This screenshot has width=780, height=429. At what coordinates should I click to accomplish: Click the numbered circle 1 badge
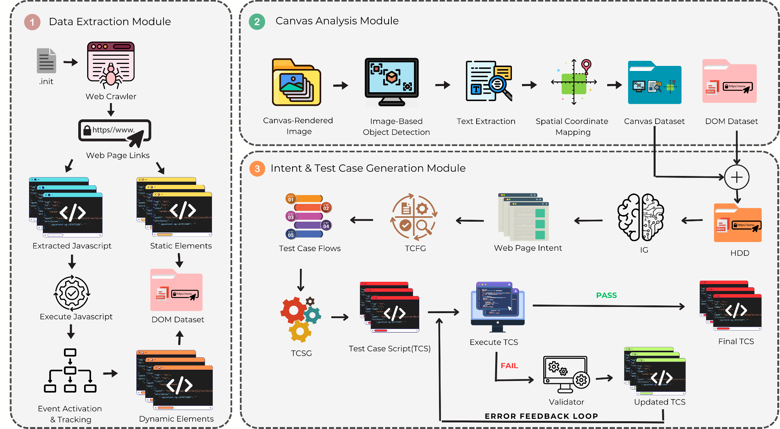[32, 22]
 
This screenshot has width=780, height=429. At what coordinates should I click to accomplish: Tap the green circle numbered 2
[257, 22]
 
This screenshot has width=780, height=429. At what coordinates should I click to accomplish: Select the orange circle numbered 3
[257, 169]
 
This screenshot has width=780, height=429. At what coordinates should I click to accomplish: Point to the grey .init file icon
[46, 61]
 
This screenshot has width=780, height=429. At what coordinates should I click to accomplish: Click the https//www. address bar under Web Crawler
[114, 131]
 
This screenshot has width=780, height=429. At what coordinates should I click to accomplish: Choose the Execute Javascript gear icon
[72, 293]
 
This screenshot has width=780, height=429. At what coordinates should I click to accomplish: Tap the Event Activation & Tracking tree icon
[70, 371]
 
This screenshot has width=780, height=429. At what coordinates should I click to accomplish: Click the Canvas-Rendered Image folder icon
[296, 83]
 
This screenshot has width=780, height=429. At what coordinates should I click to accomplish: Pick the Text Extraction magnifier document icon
[489, 81]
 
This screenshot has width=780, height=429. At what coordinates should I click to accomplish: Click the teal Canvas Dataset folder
[654, 83]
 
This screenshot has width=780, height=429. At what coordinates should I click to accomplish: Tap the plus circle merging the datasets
[737, 177]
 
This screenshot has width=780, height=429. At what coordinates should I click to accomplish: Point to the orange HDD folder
[738, 223]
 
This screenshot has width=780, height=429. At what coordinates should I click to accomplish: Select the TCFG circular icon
[414, 217]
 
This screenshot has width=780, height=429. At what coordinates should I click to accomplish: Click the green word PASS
[606, 295]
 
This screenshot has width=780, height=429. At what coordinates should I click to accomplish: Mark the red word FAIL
[509, 365]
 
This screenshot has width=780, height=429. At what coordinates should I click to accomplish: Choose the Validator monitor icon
[566, 374]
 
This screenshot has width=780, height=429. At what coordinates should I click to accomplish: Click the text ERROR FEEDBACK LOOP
[541, 416]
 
